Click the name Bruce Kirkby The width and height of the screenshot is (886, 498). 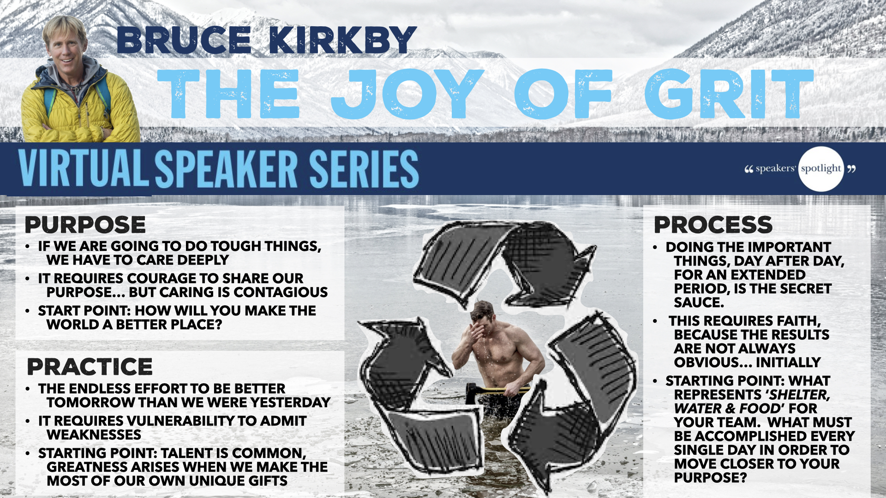tap(267, 40)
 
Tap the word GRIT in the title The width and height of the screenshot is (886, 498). tap(729, 94)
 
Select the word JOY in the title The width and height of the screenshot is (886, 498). tap(407, 94)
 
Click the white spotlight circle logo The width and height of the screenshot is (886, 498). tap(821, 169)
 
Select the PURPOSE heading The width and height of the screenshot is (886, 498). tap(85, 225)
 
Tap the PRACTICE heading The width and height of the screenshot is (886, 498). tap(90, 367)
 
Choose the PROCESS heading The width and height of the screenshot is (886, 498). tap(713, 225)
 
